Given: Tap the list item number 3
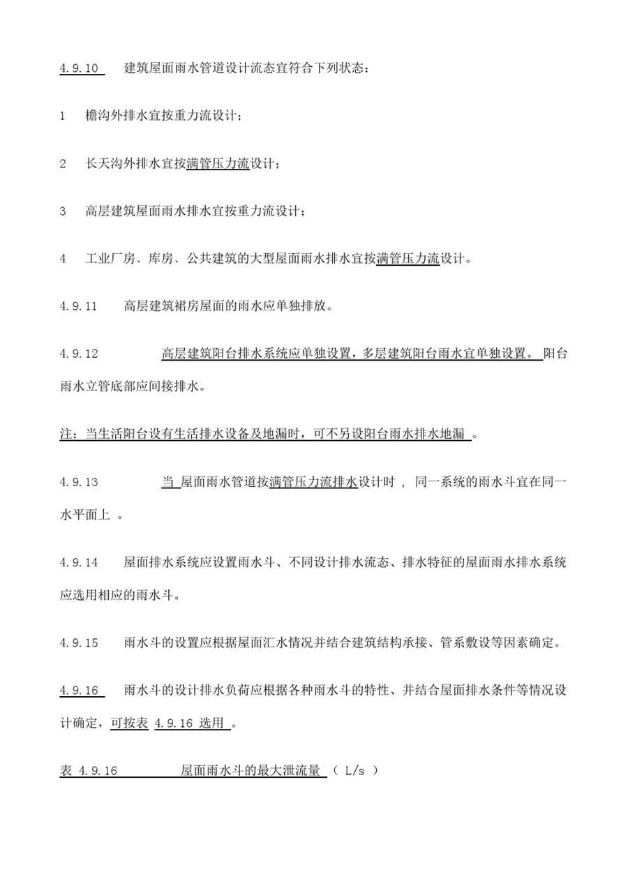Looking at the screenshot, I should point(63,211).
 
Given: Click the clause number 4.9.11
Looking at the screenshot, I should point(78,306).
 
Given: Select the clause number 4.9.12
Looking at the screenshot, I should point(78,354).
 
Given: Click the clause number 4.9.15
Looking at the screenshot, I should point(78,642).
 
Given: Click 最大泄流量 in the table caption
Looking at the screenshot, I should point(289,771).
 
